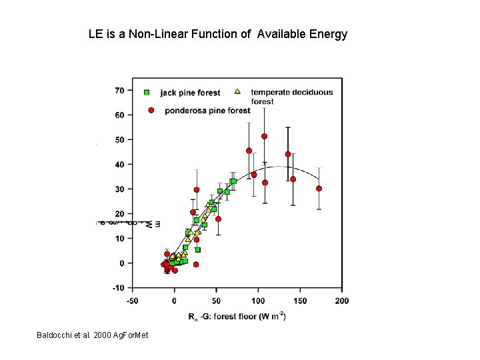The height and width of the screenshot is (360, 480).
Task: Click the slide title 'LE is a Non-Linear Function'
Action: (217, 34)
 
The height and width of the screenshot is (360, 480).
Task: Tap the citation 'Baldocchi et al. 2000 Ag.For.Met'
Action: (93, 334)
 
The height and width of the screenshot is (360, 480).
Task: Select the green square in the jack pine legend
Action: (147, 92)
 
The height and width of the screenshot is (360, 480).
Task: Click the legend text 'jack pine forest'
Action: (190, 93)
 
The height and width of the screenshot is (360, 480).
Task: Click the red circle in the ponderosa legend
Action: (151, 110)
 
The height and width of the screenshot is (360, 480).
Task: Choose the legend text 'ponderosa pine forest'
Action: (207, 111)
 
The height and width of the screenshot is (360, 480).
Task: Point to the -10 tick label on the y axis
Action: (117, 288)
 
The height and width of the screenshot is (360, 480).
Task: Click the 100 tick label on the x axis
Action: (258, 301)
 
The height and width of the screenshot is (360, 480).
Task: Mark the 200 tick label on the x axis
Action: (341, 301)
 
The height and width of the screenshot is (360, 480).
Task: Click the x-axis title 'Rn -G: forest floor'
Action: (237, 317)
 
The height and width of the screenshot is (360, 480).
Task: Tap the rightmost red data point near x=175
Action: (319, 189)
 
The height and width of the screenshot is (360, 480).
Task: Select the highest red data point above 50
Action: (264, 136)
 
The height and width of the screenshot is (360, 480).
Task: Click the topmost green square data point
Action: (233, 181)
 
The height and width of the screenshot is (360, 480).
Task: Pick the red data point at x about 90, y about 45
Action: (249, 151)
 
